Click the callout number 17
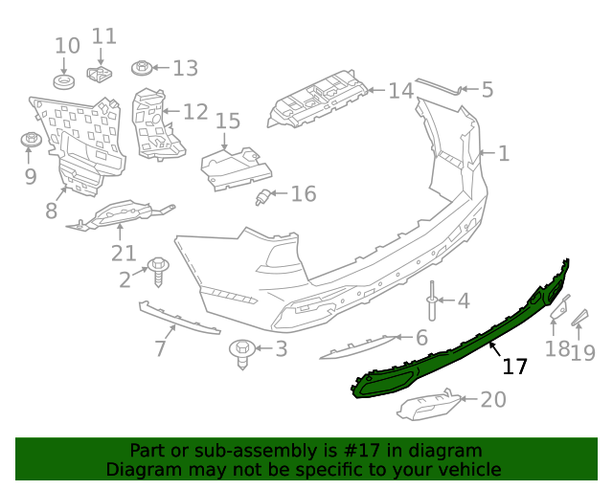(x=514, y=367)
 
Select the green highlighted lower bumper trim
(x=450, y=345)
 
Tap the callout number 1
(x=503, y=153)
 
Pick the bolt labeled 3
(x=244, y=350)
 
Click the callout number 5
(x=487, y=91)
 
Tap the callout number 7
(x=160, y=349)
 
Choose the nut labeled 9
(x=30, y=142)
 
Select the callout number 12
(x=194, y=112)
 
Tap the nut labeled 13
(x=141, y=68)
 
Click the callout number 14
(x=400, y=91)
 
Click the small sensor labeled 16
(x=263, y=198)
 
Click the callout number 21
(x=123, y=253)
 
